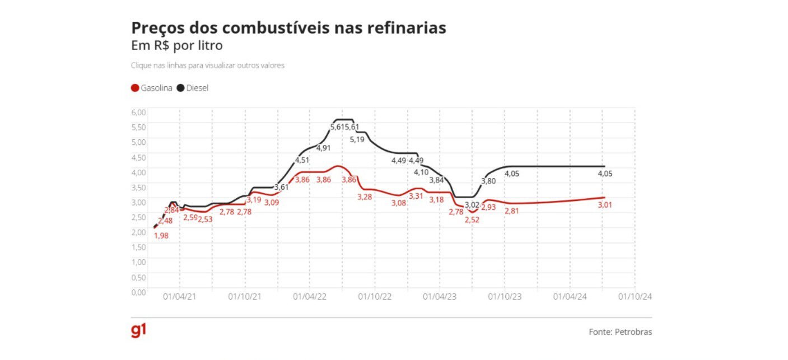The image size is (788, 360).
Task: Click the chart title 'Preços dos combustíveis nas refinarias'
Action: click(288, 28)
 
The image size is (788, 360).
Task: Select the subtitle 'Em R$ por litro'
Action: click(176, 45)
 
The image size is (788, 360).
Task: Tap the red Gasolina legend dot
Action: click(135, 88)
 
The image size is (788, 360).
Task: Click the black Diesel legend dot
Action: click(180, 88)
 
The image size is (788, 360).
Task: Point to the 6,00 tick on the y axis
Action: click(138, 111)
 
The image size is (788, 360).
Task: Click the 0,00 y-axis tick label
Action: click(138, 292)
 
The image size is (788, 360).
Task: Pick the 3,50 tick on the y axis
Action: click(138, 187)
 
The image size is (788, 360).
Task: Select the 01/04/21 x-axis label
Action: click(180, 297)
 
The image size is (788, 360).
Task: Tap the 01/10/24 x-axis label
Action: click(635, 297)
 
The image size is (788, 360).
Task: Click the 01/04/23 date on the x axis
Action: click(440, 297)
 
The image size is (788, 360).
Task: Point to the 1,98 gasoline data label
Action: click(161, 236)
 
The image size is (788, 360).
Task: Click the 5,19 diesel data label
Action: click(357, 139)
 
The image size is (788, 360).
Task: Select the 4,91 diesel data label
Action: click(324, 148)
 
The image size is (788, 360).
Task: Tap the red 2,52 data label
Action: click(472, 220)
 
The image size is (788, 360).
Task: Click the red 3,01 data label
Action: click(605, 205)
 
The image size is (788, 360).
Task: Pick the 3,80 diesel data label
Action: click(488, 181)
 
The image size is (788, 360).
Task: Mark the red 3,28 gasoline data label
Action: click(365, 197)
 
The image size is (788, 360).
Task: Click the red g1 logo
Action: click(138, 331)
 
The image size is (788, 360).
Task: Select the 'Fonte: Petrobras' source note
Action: click(620, 332)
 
